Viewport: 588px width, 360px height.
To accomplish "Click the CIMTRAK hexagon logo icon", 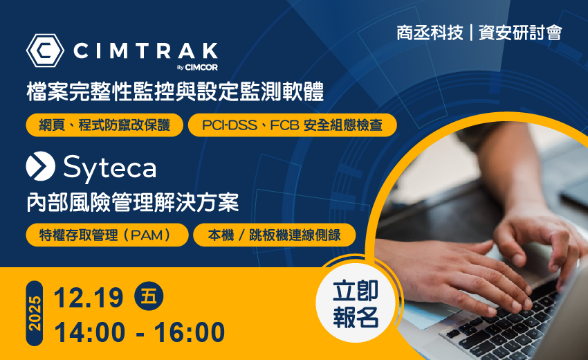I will (46, 51).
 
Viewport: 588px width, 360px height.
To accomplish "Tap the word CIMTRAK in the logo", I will (145, 51).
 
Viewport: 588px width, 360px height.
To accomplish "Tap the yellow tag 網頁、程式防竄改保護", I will (104, 125).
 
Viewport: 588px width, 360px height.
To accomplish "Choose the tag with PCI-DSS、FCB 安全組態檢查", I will (292, 125).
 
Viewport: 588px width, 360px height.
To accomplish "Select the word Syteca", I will (109, 168).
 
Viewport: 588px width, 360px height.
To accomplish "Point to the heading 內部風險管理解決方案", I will (132, 203).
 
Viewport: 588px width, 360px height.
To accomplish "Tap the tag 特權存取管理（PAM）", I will (107, 235).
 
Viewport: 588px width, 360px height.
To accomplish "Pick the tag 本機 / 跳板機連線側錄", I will (275, 235).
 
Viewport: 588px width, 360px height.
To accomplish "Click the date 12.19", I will (89, 298).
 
